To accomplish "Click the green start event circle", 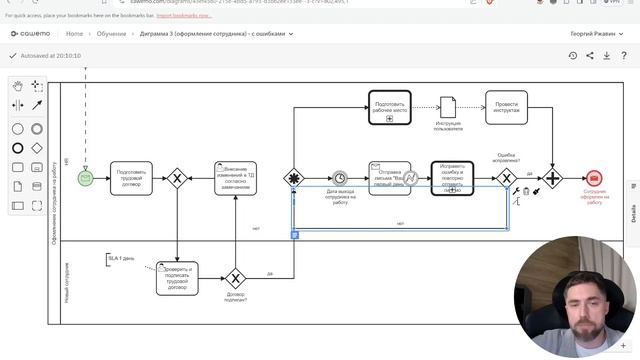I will pos(86,178).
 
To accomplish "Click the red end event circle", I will pos(594,178).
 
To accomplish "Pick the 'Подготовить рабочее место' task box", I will pos(389,107).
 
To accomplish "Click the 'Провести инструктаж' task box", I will pos(506,107).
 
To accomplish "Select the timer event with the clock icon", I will pos(340,178).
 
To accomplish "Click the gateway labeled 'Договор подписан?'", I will pos(236,278).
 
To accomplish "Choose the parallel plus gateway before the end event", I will pos(552,178).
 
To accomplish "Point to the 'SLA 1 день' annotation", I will pos(121,259).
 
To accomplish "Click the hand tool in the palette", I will pos(18,86).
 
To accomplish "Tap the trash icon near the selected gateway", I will pos(526,190).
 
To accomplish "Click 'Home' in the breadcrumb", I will pos(74,34).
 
